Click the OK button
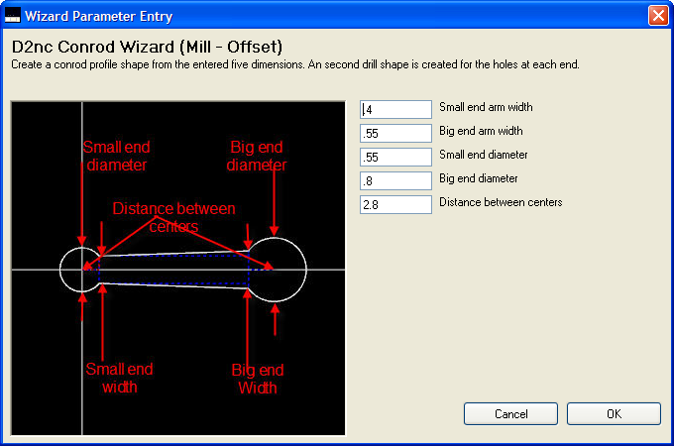[614, 413]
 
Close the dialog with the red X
[658, 16]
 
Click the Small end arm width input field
[395, 110]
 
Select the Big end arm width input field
[395, 133]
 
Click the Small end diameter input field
[395, 158]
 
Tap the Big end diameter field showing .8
[395, 181]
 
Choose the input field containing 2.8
[395, 204]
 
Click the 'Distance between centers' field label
[501, 202]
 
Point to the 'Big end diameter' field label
[479, 178]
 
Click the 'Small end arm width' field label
[486, 107]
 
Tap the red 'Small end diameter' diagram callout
[117, 156]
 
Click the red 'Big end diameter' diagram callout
[257, 156]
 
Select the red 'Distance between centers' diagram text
[173, 217]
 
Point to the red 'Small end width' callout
[120, 379]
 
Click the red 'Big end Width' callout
[258, 379]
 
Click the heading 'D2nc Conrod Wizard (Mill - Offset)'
[147, 47]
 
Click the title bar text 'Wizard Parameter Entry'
[98, 16]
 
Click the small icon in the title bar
[13, 16]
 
